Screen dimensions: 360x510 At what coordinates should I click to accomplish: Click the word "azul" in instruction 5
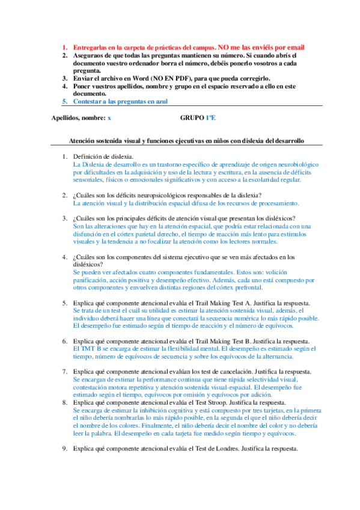(x=159, y=102)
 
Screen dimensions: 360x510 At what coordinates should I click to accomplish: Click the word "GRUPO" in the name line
(x=192, y=118)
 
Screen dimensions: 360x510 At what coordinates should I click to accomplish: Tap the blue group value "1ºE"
(x=211, y=118)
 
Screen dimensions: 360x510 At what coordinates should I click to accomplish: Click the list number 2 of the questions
(x=65, y=195)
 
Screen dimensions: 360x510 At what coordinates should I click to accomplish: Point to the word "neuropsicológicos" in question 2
(x=160, y=195)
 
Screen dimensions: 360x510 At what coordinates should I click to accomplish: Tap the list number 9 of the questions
(x=65, y=449)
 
